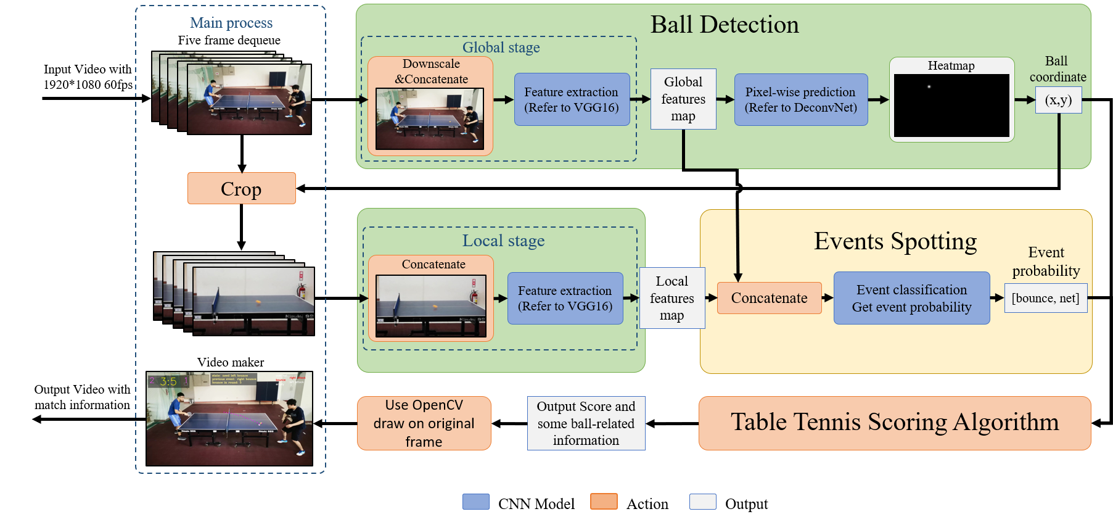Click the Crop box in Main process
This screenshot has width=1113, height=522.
pyautogui.click(x=241, y=188)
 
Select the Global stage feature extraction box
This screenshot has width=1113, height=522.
pyautogui.click(x=572, y=99)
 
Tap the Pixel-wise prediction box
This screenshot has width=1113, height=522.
pyautogui.click(x=800, y=99)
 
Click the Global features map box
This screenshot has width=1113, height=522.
pyautogui.click(x=683, y=99)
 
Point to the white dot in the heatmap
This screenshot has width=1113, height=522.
pyautogui.click(x=929, y=86)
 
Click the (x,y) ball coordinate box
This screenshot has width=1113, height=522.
pyautogui.click(x=1058, y=100)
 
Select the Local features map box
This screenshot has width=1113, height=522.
pyautogui.click(x=671, y=298)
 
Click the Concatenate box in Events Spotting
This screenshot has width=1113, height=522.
pyautogui.click(x=769, y=298)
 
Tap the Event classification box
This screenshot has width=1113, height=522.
pyautogui.click(x=911, y=298)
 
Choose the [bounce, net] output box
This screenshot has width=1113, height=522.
pyautogui.click(x=1045, y=298)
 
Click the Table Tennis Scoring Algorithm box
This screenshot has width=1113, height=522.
pyautogui.click(x=894, y=423)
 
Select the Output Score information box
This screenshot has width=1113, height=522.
pyautogui.click(x=586, y=423)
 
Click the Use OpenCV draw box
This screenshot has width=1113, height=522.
pyautogui.click(x=424, y=423)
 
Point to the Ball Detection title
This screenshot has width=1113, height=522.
pyautogui.click(x=724, y=25)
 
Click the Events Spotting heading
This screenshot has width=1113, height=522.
pyautogui.click(x=895, y=241)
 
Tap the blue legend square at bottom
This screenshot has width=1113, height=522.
pyautogui.click(x=475, y=501)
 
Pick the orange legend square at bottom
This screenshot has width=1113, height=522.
pyautogui.click(x=604, y=501)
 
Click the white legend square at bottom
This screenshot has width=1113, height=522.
pyautogui.click(x=702, y=501)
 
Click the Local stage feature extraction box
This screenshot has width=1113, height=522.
pyautogui.click(x=565, y=298)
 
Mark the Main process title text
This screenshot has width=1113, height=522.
pyautogui.click(x=231, y=23)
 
